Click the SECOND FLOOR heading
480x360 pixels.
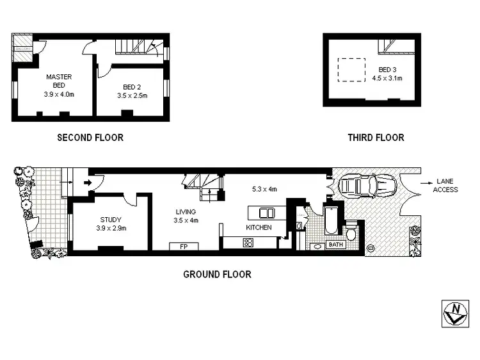(x=90, y=137)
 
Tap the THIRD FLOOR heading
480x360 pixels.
(x=376, y=137)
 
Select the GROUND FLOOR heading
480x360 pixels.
(x=217, y=274)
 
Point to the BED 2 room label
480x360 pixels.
(x=132, y=91)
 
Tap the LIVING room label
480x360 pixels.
(x=186, y=216)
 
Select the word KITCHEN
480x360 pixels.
(x=259, y=227)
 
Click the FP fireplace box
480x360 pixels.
(x=183, y=246)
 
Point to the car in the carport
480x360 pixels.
(x=368, y=186)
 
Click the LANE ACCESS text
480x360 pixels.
(x=445, y=185)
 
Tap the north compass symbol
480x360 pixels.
(x=455, y=313)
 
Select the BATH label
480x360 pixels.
(x=335, y=244)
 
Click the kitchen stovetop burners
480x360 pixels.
(x=248, y=242)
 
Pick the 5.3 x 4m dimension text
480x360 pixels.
(x=264, y=189)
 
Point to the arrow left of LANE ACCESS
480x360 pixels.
(x=425, y=182)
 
